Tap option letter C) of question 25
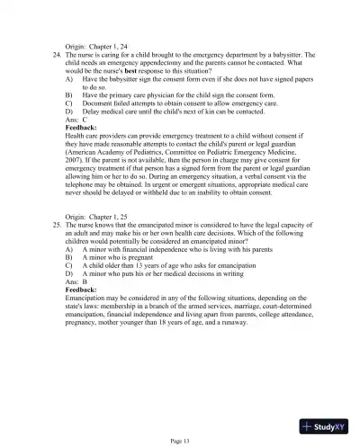pos(69,266)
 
